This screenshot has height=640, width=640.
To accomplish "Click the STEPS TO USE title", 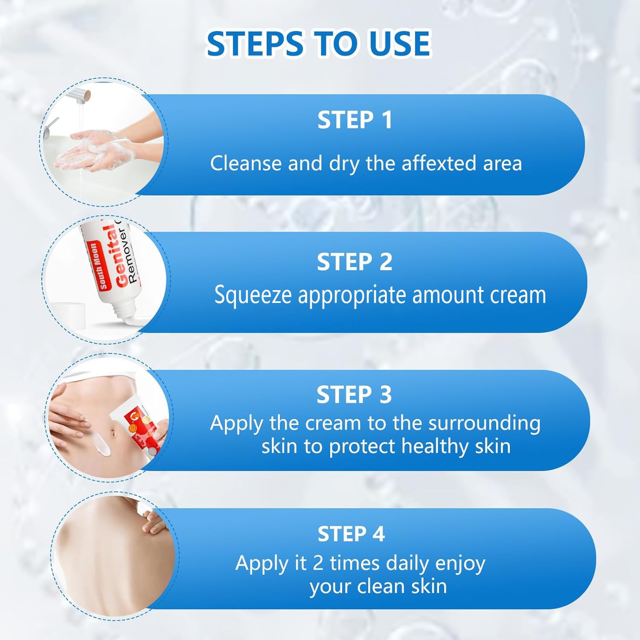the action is [318, 44].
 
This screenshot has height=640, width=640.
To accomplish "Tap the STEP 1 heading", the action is [355, 120].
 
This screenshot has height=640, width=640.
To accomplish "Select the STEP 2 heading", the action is [354, 262].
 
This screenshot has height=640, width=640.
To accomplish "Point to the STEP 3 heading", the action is [354, 395].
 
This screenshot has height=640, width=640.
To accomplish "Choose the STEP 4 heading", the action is [351, 534].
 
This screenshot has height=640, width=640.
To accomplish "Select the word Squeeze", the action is [253, 296].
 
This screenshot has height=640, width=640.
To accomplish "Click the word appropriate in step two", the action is [352, 296].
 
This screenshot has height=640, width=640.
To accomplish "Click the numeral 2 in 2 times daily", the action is [318, 563].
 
